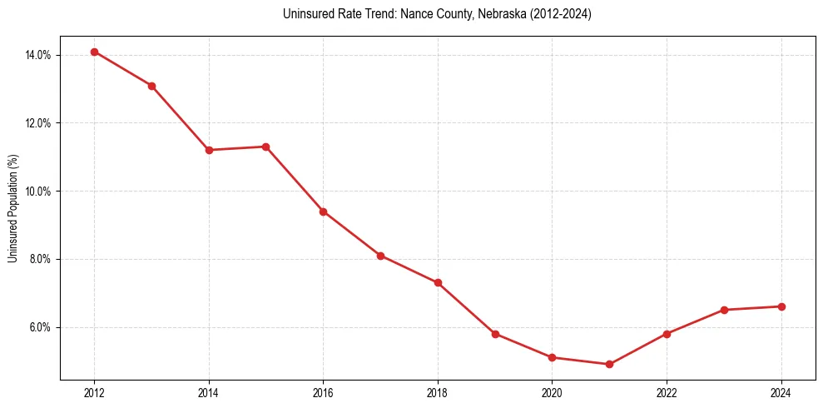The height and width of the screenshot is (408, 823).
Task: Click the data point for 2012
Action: (94, 52)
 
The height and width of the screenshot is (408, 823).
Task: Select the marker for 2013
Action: (151, 86)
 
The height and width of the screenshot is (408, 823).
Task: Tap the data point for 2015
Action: (266, 147)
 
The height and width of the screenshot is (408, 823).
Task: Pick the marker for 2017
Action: (380, 256)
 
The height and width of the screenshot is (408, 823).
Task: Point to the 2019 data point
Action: (495, 334)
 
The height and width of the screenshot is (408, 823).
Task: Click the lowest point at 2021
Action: (609, 364)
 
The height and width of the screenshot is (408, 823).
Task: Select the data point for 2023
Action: (724, 310)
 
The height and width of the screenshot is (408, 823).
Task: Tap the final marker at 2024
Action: (781, 306)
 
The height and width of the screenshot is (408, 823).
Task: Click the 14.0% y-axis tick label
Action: (38, 55)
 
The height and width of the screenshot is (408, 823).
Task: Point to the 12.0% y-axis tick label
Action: (38, 123)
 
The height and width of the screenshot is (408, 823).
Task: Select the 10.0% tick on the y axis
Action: (38, 192)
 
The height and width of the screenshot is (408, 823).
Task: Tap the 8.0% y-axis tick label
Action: (41, 259)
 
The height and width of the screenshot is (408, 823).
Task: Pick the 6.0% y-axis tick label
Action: (41, 327)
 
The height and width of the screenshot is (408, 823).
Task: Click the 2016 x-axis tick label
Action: (323, 393)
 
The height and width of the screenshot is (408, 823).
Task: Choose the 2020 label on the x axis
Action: (552, 393)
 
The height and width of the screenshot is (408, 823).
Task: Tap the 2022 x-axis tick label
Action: (667, 393)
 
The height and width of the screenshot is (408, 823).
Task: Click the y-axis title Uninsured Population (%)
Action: (13, 208)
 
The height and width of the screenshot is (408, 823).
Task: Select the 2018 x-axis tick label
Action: (438, 393)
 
